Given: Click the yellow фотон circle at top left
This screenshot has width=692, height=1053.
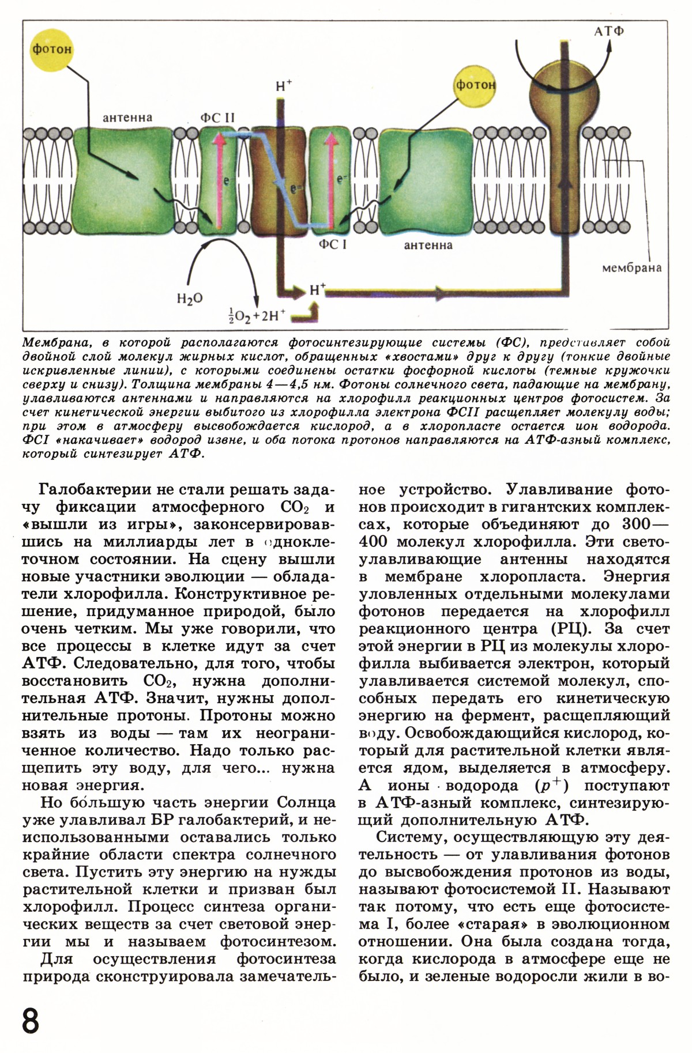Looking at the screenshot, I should tap(52, 49).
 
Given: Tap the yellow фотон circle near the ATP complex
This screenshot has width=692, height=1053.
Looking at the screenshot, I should tap(476, 85).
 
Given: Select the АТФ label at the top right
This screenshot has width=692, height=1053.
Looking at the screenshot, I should tap(610, 31).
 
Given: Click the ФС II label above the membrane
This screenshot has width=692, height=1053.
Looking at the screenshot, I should tap(217, 118).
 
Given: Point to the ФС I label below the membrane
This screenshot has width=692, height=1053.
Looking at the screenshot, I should tap(333, 245).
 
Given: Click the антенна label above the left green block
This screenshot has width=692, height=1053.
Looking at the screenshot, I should tap(127, 118).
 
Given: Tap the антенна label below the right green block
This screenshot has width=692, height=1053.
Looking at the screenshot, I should tap(428, 246).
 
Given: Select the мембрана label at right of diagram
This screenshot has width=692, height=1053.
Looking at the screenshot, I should tap(631, 268).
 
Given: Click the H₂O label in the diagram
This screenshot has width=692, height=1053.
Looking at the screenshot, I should tap(190, 299).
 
